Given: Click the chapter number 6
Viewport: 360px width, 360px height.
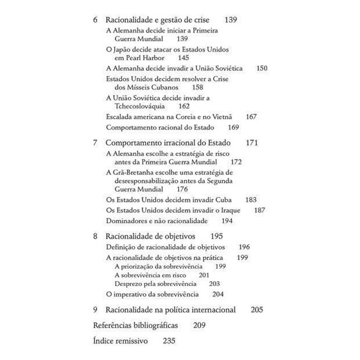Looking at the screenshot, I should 95,20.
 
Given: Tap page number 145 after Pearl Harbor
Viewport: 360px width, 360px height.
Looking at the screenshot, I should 183,58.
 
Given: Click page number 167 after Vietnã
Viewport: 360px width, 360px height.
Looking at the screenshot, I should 251,117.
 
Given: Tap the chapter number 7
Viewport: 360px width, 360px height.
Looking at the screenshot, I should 95,143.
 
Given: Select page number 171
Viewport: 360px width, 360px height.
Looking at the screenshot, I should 251,143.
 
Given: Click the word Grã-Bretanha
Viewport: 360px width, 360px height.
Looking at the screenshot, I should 132,172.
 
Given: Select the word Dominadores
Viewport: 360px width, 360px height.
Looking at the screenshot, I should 127,221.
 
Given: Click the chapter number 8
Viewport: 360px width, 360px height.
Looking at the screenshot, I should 95,236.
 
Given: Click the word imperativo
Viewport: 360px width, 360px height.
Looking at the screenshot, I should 137,294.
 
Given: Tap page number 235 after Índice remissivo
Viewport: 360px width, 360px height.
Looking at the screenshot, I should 169,340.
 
